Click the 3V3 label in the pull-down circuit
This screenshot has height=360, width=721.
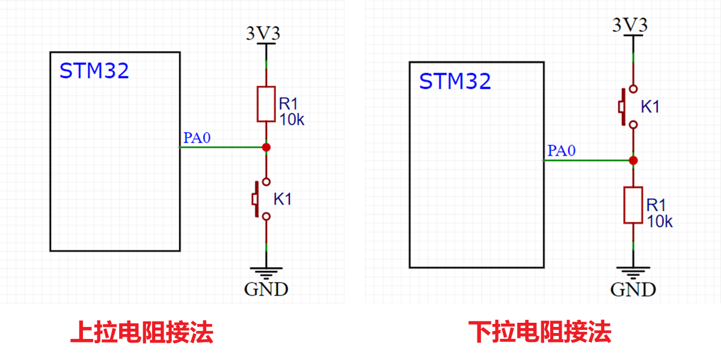pyautogui.click(x=630, y=25)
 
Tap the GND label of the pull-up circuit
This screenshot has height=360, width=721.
pyautogui.click(x=266, y=289)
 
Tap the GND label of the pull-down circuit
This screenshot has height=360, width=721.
pyautogui.click(x=633, y=290)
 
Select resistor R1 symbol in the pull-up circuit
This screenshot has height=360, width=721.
pyautogui.click(x=266, y=104)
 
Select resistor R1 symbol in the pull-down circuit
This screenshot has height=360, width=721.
pyautogui.click(x=633, y=205)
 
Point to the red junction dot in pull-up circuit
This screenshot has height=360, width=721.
pyautogui.click(x=266, y=147)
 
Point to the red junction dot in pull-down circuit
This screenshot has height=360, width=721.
pyautogui.click(x=633, y=160)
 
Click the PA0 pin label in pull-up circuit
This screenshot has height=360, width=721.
pyautogui.click(x=197, y=138)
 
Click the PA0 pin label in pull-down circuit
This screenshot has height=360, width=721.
pyautogui.click(x=560, y=151)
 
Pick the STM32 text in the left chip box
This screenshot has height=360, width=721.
pyautogui.click(x=94, y=71)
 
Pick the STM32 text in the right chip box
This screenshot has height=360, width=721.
pyautogui.click(x=455, y=81)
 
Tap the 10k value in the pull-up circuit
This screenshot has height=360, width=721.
pyautogui.click(x=292, y=120)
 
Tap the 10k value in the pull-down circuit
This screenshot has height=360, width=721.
pyautogui.click(x=660, y=221)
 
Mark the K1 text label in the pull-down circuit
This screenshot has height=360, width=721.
pyautogui.click(x=650, y=107)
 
